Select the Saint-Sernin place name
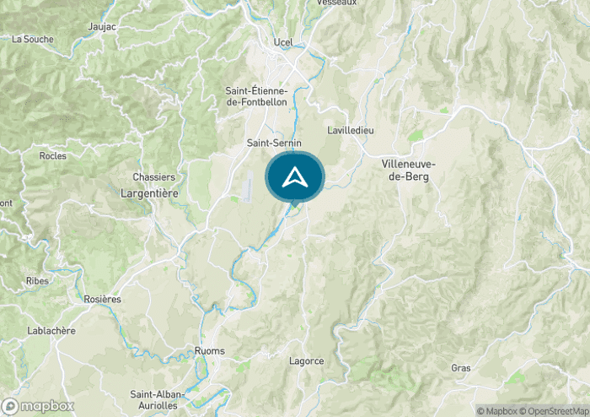pos(273,144)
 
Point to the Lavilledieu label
pos(350,130)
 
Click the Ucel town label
pos(282,42)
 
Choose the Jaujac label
pos(102,27)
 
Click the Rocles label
pos(53,155)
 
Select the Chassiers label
pos(153,177)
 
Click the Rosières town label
pos(103,299)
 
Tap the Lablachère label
pos(52,330)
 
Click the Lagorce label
pos(306,361)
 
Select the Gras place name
pos(460,369)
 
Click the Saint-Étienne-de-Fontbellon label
pos(256,96)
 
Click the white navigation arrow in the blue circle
pos(295,177)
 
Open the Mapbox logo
pos(39,405)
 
